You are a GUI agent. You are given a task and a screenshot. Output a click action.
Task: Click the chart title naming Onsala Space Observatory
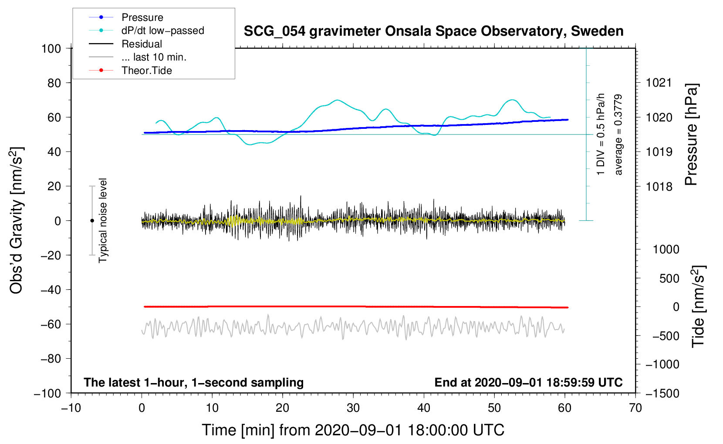[x=433, y=31]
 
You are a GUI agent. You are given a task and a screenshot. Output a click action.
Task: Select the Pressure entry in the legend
[x=142, y=17]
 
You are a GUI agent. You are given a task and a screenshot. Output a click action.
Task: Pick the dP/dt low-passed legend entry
[x=162, y=30]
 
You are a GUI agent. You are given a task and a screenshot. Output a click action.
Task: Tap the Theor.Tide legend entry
[x=146, y=71]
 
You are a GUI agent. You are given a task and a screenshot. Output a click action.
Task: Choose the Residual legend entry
[x=142, y=44]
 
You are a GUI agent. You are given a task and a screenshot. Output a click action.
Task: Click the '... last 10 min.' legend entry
[x=154, y=57]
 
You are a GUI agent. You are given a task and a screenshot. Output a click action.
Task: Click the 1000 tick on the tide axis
[x=666, y=249]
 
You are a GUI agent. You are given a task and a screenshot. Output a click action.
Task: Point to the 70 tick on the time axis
[x=635, y=408]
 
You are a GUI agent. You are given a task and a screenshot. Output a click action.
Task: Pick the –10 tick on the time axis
[x=71, y=408]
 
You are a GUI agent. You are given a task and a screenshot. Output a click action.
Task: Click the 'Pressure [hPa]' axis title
[x=691, y=135]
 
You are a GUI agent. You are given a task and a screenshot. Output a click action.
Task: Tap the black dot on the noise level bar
[x=92, y=221]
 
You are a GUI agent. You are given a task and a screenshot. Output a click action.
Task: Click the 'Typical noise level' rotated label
[x=103, y=220]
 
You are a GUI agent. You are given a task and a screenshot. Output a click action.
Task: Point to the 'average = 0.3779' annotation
[x=618, y=135]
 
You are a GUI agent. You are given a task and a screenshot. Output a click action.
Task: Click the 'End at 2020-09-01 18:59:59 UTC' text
[x=528, y=382]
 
